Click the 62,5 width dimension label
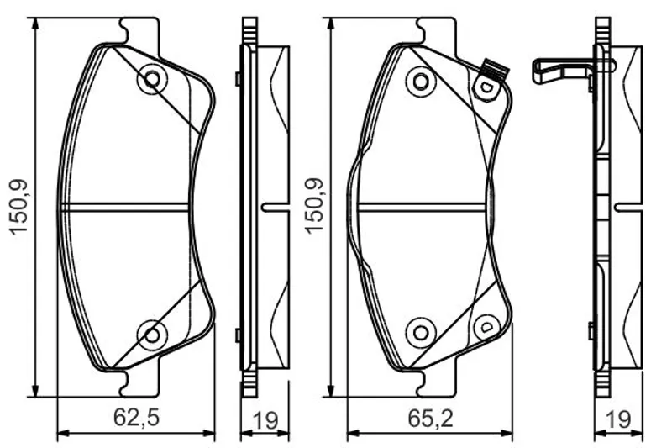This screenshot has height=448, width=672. tap(137, 417)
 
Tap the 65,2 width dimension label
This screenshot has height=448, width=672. tap(430, 417)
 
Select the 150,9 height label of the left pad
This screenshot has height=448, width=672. tap(19, 207)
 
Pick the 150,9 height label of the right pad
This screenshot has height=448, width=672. tap(314, 205)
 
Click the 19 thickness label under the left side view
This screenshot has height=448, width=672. tap(265, 420)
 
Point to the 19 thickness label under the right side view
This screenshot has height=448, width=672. tap(618, 420)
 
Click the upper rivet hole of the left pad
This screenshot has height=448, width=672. tap(152, 79)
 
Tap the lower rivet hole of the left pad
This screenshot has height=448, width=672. tap(152, 335)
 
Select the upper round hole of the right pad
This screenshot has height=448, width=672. tap(421, 81)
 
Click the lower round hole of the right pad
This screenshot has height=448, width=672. tap(421, 333)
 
